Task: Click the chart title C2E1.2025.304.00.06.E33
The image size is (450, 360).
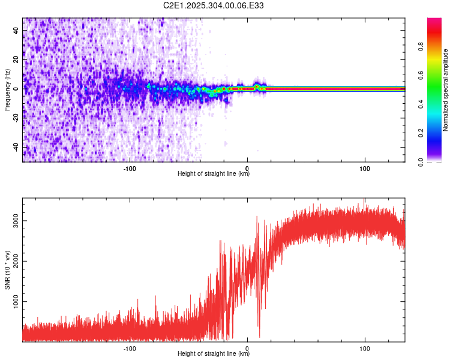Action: click(x=214, y=5)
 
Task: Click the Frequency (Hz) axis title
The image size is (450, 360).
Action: click(x=7, y=90)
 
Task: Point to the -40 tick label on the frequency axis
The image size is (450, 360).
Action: click(x=16, y=147)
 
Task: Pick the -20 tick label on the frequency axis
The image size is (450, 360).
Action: click(x=16, y=118)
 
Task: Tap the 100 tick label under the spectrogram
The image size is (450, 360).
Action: click(x=364, y=167)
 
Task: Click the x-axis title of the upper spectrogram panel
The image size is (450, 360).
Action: click(x=214, y=174)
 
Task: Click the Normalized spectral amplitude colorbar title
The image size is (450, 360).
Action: click(x=446, y=90)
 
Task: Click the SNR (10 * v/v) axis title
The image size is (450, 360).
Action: click(x=7, y=269)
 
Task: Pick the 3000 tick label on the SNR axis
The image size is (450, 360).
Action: click(x=13, y=221)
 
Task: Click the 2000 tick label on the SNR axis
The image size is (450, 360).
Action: click(x=13, y=262)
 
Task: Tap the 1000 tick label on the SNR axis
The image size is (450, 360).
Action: click(x=13, y=302)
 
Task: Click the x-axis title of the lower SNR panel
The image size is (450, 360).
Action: click(x=214, y=354)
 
